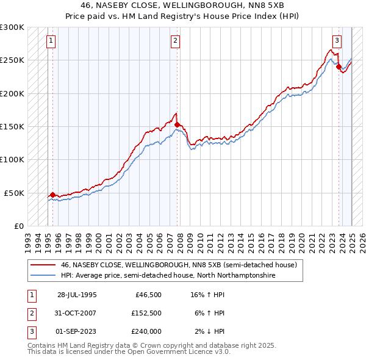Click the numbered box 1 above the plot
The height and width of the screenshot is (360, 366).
tap(50, 41)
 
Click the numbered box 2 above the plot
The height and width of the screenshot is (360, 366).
tap(175, 41)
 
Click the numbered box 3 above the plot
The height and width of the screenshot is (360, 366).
tap(336, 41)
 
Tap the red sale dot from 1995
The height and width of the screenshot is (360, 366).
tap(53, 195)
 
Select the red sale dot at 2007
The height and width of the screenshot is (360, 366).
tap(177, 124)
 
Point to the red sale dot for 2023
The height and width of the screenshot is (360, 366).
tap(339, 67)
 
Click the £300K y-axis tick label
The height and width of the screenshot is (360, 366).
tap(12, 27)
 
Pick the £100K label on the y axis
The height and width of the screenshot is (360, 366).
tap(12, 159)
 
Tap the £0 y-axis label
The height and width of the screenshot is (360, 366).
tap(18, 226)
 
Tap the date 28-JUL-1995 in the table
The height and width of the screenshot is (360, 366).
tap(76, 295)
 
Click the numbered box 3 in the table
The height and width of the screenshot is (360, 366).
tap(31, 331)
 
